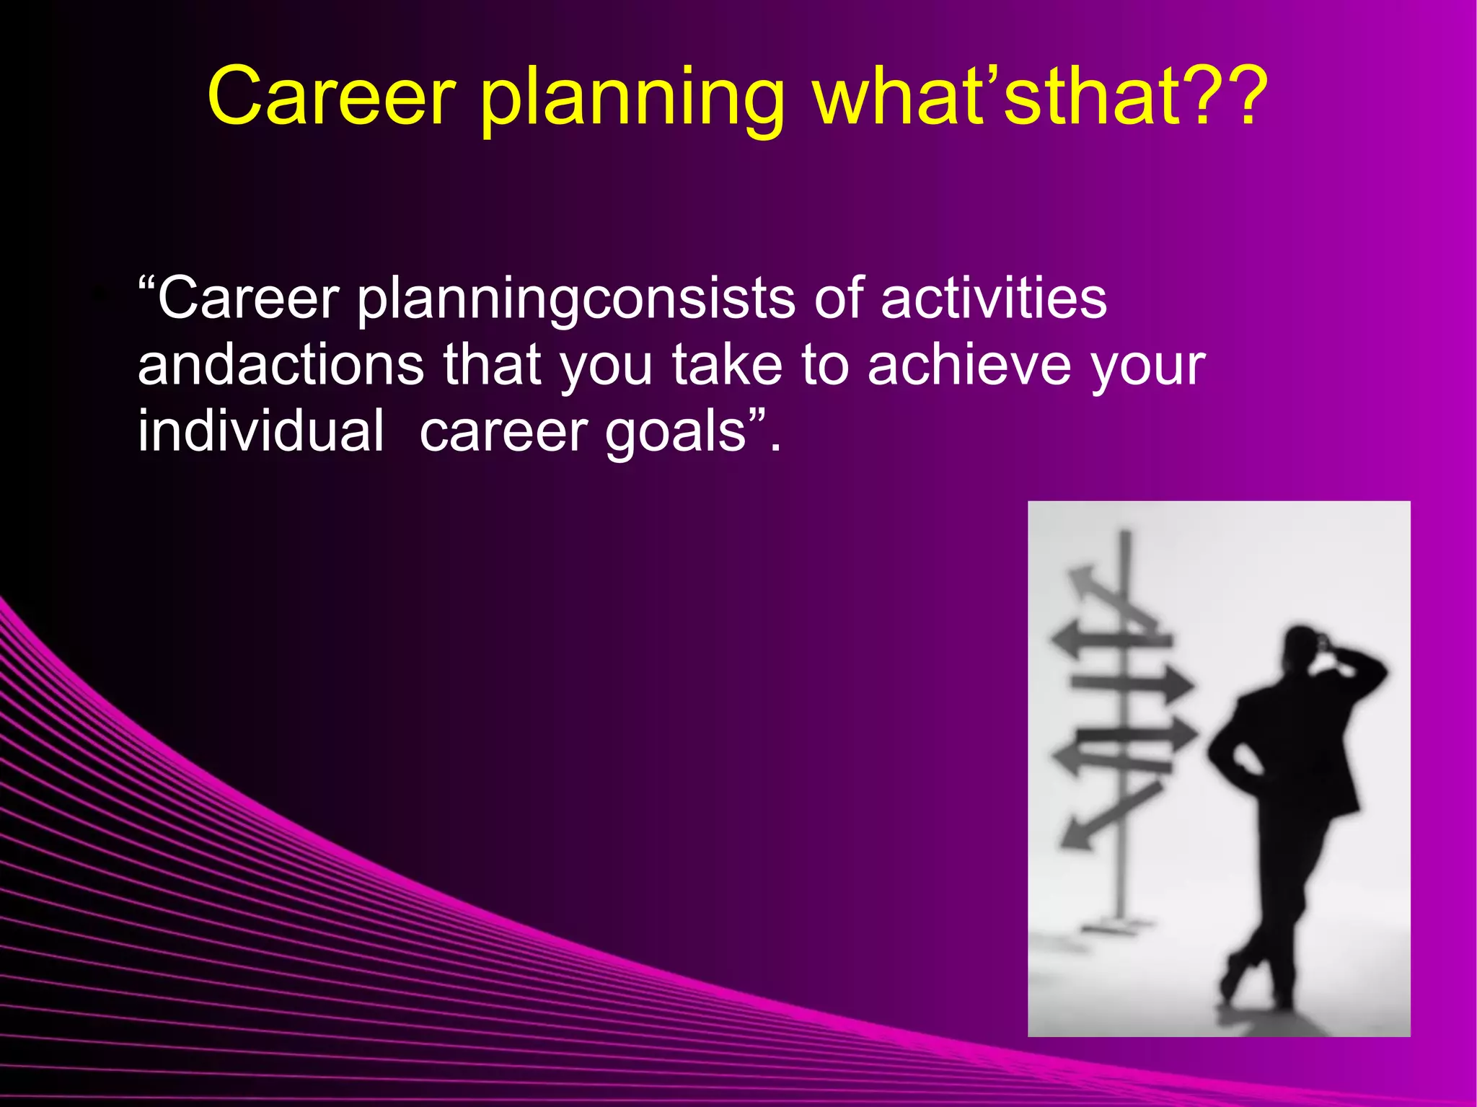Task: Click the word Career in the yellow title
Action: pyautogui.click(x=331, y=97)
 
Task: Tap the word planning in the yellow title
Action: pyautogui.click(x=632, y=101)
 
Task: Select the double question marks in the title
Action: pyautogui.click(x=1225, y=97)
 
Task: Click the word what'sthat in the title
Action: pyautogui.click(x=996, y=97)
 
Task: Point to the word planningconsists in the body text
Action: pyautogui.click(x=576, y=299)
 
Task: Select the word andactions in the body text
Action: pyautogui.click(x=281, y=365)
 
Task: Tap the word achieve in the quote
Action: pyautogui.click(x=969, y=365)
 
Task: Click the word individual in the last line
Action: pyautogui.click(x=260, y=431)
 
